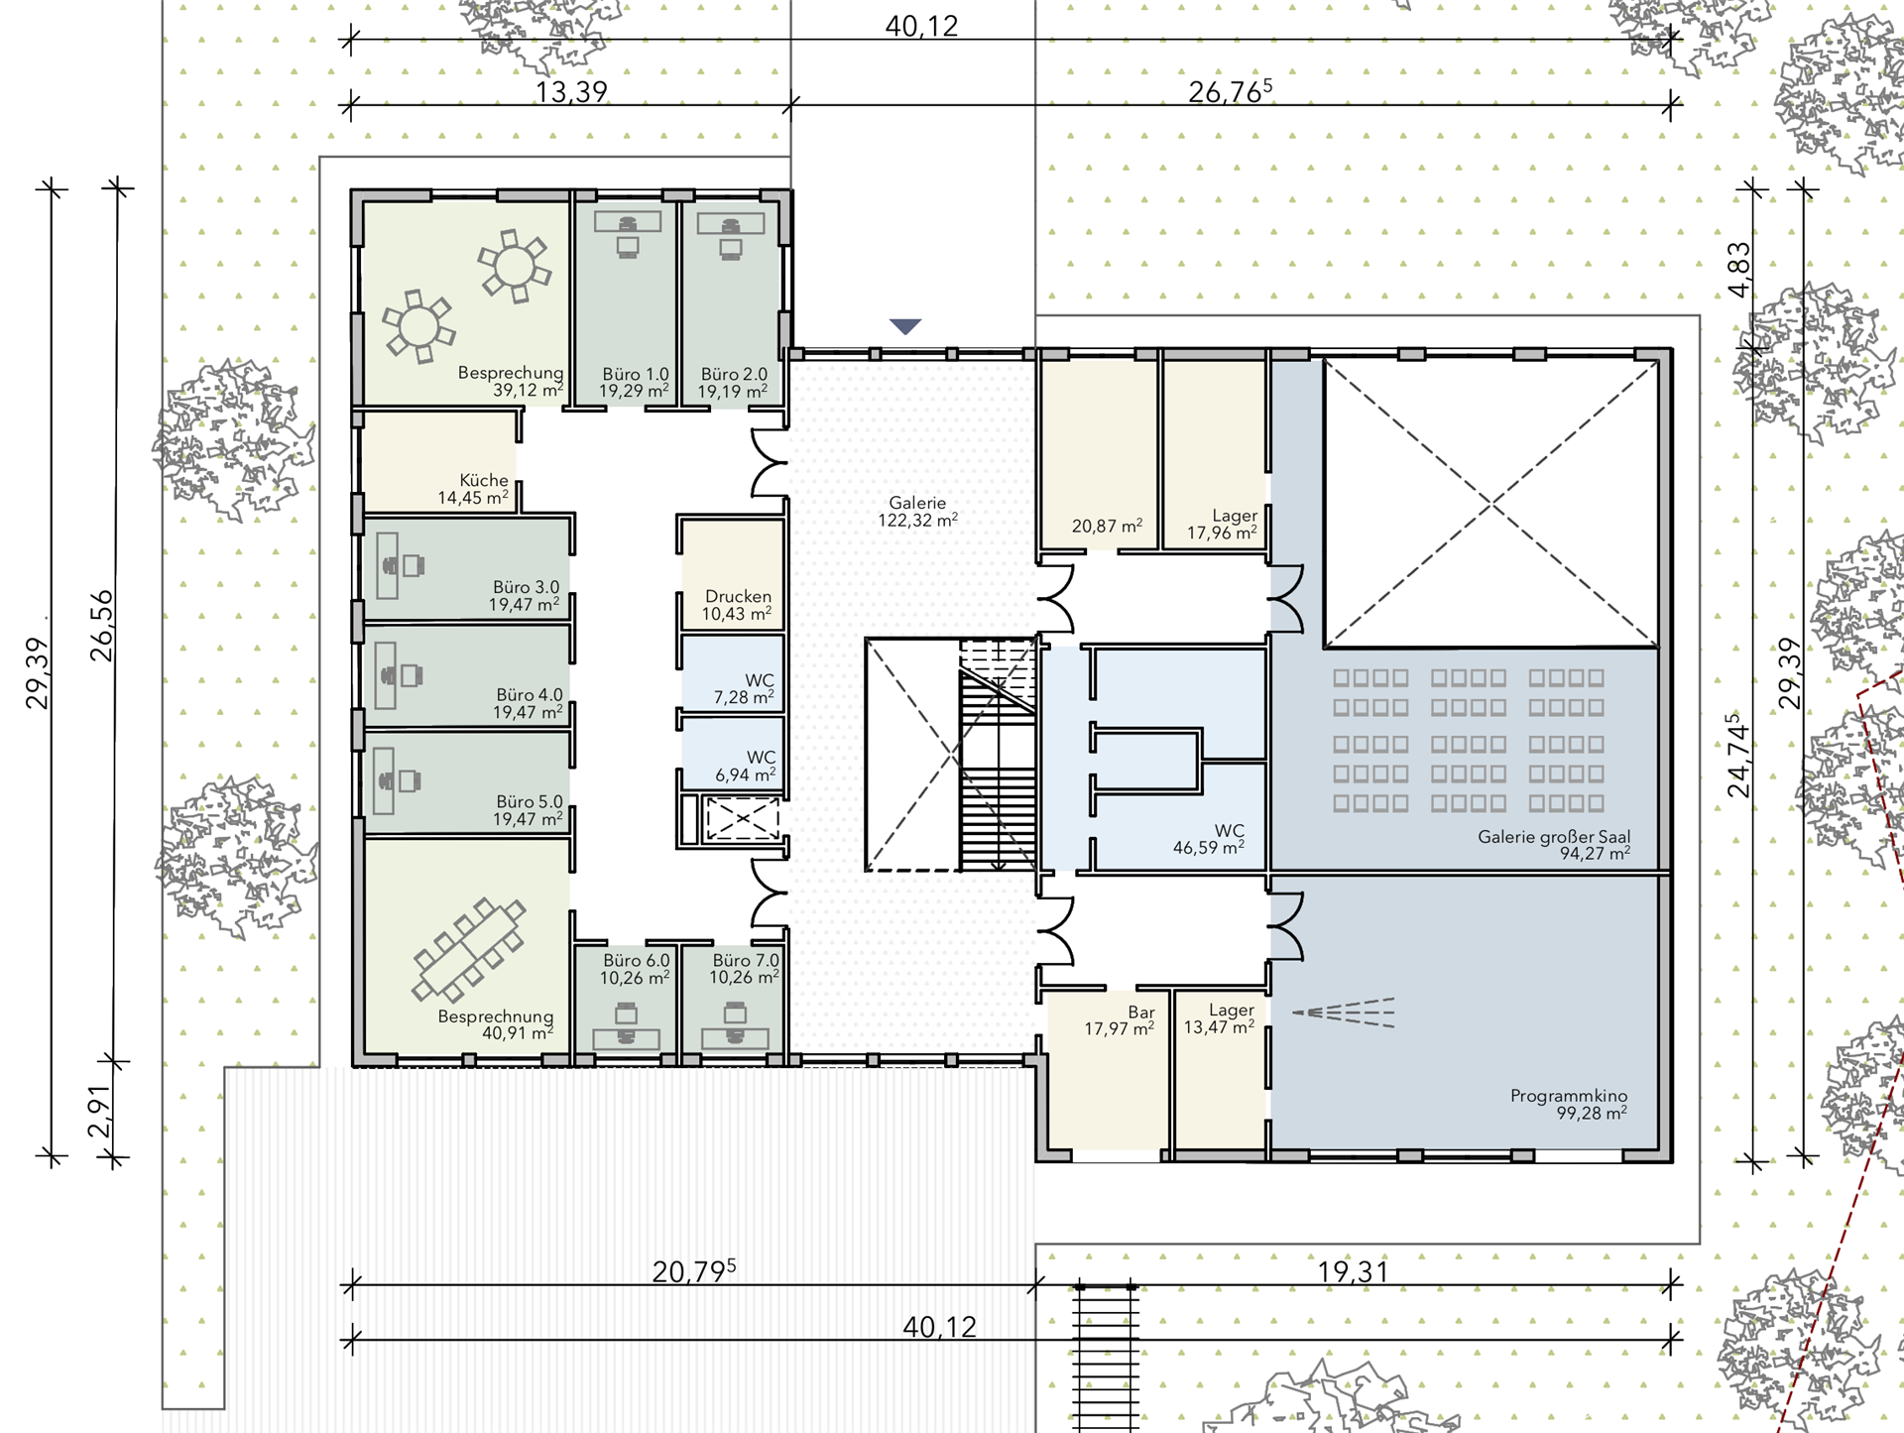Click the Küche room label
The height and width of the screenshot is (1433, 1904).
click(x=484, y=480)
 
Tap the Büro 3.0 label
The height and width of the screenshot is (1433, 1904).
click(x=526, y=587)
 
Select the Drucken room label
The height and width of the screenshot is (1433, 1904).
click(x=738, y=596)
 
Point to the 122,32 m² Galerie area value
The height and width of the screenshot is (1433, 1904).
click(x=917, y=520)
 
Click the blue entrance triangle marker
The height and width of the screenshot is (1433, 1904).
click(x=905, y=326)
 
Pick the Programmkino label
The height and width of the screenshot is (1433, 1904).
click(x=1569, y=1096)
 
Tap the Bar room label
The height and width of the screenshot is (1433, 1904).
click(x=1141, y=1013)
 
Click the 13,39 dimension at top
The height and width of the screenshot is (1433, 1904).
click(x=571, y=92)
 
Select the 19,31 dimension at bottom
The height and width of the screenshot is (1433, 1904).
click(x=1353, y=1271)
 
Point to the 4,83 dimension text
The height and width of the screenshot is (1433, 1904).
click(x=1739, y=270)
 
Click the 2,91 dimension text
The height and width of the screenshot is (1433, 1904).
click(x=99, y=1111)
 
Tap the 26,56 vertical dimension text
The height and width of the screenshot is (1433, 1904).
click(x=101, y=626)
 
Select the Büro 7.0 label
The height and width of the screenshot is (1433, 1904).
click(x=746, y=960)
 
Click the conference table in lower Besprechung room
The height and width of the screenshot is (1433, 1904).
click(x=468, y=949)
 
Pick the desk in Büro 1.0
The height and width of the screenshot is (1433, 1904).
click(x=628, y=221)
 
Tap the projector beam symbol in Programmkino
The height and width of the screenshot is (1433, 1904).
click(x=1344, y=1013)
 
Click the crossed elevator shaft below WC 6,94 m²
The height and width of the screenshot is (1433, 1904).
click(x=742, y=819)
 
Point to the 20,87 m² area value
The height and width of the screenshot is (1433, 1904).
click(x=1107, y=526)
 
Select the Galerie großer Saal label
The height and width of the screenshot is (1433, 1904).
click(x=1554, y=836)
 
